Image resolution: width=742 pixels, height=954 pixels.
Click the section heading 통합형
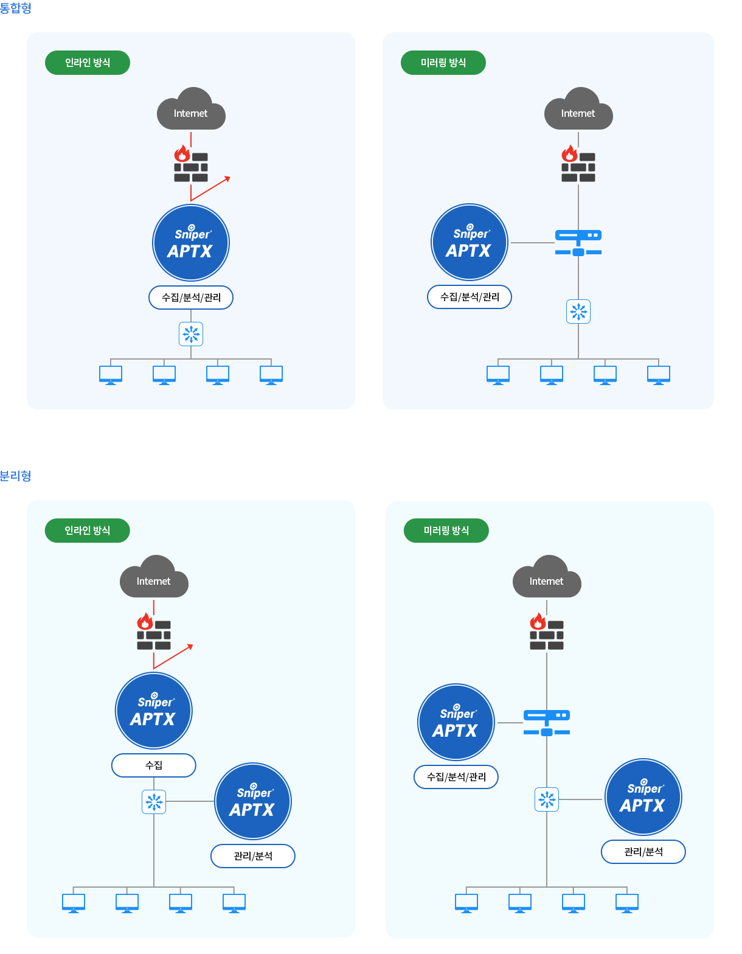click(15, 8)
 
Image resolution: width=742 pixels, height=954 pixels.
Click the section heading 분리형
click(15, 476)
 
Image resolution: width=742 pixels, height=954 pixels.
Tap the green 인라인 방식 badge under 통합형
click(88, 63)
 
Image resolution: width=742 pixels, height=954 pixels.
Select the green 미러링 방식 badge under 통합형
click(443, 63)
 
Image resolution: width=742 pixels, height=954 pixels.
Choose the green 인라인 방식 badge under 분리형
click(88, 531)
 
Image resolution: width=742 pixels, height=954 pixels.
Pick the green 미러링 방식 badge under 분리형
click(446, 531)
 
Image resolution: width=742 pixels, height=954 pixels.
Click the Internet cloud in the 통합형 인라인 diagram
click(191, 110)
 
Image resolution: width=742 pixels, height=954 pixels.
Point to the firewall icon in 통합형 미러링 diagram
click(578, 164)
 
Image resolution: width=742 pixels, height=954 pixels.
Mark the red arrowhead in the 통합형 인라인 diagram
click(227, 178)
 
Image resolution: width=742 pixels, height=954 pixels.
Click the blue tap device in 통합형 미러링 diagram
click(578, 242)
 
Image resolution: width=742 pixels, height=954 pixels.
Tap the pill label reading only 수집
click(154, 765)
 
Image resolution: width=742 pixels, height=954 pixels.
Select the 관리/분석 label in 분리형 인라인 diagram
click(253, 856)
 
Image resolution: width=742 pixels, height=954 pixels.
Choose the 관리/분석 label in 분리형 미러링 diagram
click(643, 852)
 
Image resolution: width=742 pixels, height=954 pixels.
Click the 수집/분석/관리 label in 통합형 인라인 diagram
click(191, 298)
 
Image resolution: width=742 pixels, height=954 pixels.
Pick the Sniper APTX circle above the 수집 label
click(154, 711)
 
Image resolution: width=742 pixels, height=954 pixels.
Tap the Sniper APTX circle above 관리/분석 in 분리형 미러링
click(643, 797)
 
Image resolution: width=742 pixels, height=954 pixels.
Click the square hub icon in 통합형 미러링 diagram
click(578, 312)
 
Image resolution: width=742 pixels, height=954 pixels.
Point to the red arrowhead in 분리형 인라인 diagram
click(190, 646)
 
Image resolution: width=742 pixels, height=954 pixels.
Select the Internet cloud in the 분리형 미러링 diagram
click(547, 578)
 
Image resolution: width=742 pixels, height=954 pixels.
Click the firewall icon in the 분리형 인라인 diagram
click(154, 633)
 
